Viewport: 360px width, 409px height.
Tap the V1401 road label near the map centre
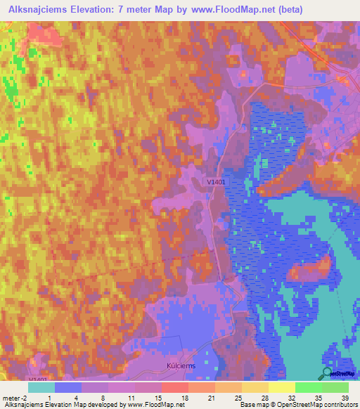[x=217, y=181]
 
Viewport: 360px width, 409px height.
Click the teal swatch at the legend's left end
[x=41, y=387]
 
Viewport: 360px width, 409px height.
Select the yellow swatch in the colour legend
[x=281, y=387]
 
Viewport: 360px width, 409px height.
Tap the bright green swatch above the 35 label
[x=308, y=387]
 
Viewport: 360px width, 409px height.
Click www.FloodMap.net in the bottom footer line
[x=153, y=405]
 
